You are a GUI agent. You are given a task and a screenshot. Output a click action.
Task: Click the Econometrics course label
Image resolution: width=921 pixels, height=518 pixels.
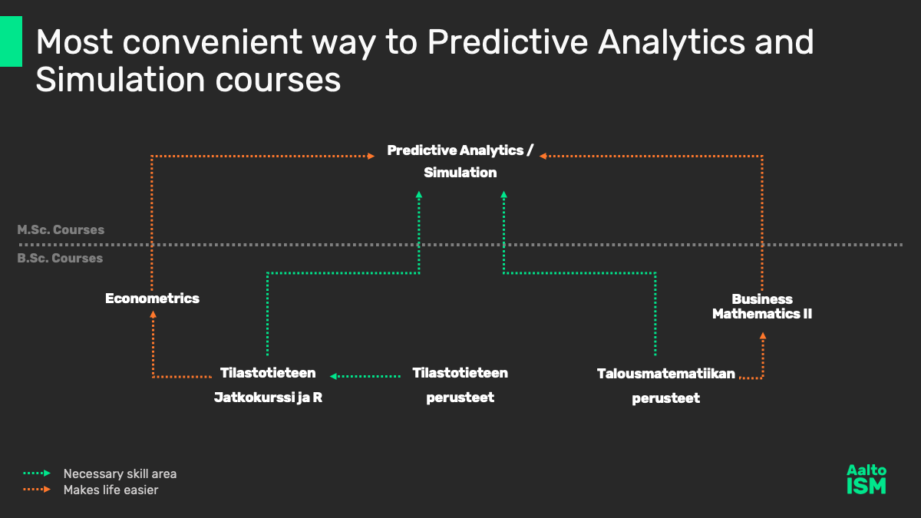pyautogui.click(x=152, y=299)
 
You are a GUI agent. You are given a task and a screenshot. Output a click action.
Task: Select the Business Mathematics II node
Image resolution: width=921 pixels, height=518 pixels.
pyautogui.click(x=762, y=306)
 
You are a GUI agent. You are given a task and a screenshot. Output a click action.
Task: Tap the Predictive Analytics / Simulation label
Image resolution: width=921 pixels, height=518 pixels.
pyautogui.click(x=460, y=161)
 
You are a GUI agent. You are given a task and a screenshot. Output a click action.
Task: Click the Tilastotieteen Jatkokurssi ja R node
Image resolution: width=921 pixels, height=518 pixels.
pyautogui.click(x=268, y=384)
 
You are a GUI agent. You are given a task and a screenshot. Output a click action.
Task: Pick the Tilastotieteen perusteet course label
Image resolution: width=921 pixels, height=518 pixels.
pyautogui.click(x=460, y=384)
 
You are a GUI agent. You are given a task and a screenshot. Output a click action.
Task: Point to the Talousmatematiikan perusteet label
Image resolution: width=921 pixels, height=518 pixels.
pyautogui.click(x=665, y=385)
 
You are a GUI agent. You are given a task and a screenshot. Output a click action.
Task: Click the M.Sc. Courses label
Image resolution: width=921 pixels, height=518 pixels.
pyautogui.click(x=61, y=229)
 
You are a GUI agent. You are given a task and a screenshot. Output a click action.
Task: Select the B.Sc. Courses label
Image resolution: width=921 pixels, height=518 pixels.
pyautogui.click(x=60, y=258)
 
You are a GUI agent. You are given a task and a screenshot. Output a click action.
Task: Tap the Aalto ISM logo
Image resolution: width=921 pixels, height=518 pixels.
pyautogui.click(x=867, y=480)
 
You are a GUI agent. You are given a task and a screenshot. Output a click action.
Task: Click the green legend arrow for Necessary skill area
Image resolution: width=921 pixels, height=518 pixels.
pyautogui.click(x=37, y=473)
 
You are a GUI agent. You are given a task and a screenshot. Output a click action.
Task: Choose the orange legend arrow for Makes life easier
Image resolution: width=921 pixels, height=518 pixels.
pyautogui.click(x=37, y=490)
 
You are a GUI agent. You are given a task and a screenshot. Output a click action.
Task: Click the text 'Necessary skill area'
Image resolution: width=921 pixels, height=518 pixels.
pyautogui.click(x=120, y=473)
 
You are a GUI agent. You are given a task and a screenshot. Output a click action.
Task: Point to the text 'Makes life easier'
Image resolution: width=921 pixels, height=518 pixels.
pyautogui.click(x=111, y=490)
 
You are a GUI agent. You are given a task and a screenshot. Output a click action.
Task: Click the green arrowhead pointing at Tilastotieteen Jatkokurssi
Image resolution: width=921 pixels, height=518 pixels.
pyautogui.click(x=333, y=376)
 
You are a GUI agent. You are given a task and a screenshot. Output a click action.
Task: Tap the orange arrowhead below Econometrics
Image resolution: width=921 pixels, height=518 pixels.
pyautogui.click(x=153, y=315)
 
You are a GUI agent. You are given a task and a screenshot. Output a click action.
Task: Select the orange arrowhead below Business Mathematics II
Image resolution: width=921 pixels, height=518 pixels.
pyautogui.click(x=763, y=335)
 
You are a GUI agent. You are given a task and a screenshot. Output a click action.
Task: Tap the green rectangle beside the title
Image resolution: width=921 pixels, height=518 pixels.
pyautogui.click(x=11, y=41)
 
